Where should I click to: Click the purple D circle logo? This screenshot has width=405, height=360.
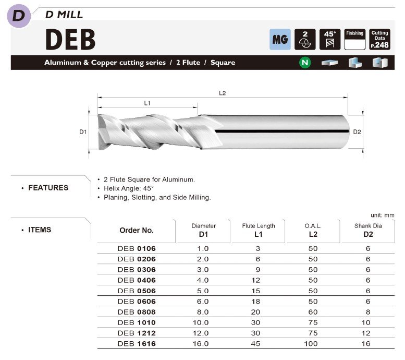(x=18, y=15)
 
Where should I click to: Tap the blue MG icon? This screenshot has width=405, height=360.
(x=280, y=39)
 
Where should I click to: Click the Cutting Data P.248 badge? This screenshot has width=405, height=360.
(x=379, y=39)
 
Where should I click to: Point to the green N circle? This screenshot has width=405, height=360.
(x=304, y=63)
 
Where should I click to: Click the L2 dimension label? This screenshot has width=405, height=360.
(x=222, y=93)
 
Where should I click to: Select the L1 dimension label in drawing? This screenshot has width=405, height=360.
(x=148, y=103)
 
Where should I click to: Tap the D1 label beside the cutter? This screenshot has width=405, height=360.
(x=83, y=132)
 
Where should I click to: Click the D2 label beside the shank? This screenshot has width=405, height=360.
(x=357, y=132)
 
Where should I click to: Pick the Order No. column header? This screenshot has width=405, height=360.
(x=137, y=230)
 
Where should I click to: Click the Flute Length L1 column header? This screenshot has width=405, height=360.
(x=259, y=230)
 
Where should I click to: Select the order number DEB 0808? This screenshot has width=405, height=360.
(x=137, y=312)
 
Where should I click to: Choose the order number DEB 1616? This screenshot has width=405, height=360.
(x=137, y=344)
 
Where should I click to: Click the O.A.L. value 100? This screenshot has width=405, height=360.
(x=313, y=344)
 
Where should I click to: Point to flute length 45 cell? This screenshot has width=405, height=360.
(x=258, y=344)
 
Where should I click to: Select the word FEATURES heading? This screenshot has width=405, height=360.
(x=48, y=188)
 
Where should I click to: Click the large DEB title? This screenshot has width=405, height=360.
(x=70, y=39)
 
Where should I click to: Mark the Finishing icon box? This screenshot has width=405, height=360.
(x=354, y=39)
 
